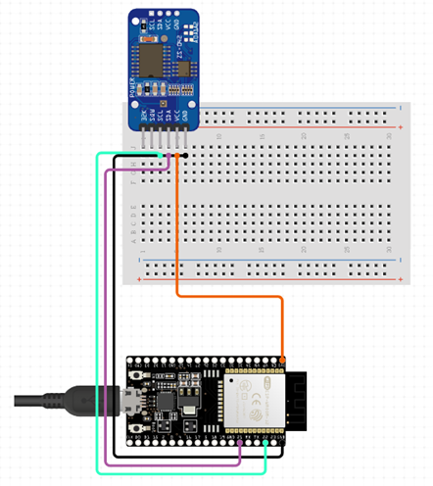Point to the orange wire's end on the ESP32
point(283,359)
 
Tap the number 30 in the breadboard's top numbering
point(390,137)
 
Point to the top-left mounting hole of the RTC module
point(136,18)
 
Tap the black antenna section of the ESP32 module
point(297,402)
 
